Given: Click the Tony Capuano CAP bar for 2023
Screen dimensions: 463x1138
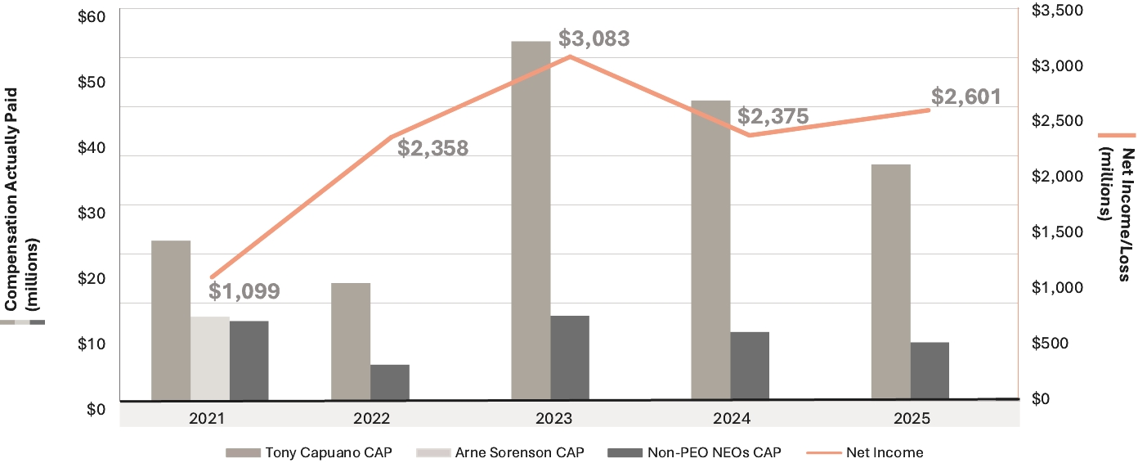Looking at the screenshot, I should click(531, 221).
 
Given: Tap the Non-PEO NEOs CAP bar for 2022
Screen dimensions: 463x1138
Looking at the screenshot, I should click(390, 383).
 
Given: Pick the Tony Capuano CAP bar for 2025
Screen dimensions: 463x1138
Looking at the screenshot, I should click(890, 282).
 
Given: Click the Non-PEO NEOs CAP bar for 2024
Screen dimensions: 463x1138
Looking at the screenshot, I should click(750, 366).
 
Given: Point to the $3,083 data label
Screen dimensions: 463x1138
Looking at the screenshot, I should click(594, 38).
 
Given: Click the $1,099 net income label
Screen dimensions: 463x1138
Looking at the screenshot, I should click(244, 290).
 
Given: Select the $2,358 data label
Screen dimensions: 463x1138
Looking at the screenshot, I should click(432, 148).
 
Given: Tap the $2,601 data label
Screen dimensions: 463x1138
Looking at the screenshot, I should click(966, 97).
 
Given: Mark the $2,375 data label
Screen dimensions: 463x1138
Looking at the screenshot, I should click(773, 116).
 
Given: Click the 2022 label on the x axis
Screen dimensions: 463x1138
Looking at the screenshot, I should click(372, 417).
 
